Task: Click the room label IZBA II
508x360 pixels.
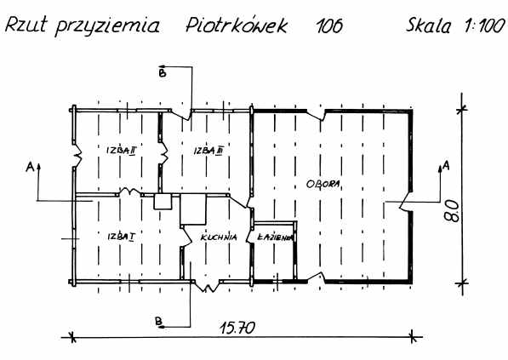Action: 121,151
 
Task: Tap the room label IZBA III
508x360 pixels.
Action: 208,151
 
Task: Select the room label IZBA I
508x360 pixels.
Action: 121,237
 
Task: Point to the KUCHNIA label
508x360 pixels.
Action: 219,237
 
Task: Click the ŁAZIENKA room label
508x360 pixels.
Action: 275,237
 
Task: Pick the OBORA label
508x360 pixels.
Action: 323,184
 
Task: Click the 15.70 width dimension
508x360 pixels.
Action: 237,328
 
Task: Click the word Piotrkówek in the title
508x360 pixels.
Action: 237,26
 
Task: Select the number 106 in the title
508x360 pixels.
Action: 328,26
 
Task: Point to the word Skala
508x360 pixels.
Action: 428,26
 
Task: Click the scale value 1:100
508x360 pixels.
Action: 483,26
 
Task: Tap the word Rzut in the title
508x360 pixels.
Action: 26,26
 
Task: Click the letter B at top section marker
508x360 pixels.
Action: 162,72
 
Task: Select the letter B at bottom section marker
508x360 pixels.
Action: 158,321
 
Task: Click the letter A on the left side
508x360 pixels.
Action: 30,167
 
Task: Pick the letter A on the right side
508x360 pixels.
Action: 446,166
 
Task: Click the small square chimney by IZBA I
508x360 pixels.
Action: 163,202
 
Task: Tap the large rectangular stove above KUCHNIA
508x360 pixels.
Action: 193,209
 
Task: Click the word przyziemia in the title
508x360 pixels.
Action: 108,26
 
